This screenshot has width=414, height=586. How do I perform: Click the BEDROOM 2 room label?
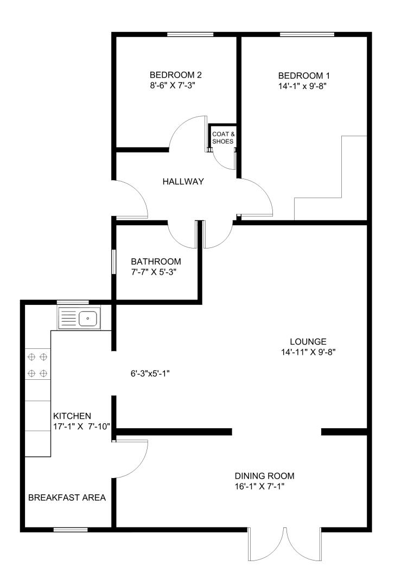(176, 75)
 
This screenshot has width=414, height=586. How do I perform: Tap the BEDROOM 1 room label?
(304, 76)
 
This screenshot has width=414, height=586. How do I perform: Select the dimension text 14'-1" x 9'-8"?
(302, 86)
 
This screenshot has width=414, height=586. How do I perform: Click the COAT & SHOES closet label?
(224, 137)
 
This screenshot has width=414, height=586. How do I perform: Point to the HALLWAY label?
(183, 182)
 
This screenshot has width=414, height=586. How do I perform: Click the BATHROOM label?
(156, 262)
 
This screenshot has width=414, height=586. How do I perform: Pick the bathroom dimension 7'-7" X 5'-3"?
(154, 272)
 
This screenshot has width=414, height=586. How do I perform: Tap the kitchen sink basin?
(88, 319)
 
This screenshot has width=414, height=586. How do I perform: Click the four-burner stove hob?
(37, 365)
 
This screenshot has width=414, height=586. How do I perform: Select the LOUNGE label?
(308, 342)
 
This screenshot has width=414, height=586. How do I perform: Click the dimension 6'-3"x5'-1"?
(150, 373)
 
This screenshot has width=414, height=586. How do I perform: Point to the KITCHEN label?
(72, 416)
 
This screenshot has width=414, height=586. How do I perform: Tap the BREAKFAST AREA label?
(67, 498)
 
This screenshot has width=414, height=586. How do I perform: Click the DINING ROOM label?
(265, 476)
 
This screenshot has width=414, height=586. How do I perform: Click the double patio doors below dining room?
(285, 544)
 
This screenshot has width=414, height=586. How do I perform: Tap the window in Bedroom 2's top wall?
(190, 34)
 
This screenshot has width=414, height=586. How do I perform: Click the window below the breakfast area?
(71, 530)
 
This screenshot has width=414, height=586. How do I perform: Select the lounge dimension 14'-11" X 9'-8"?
(309, 352)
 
